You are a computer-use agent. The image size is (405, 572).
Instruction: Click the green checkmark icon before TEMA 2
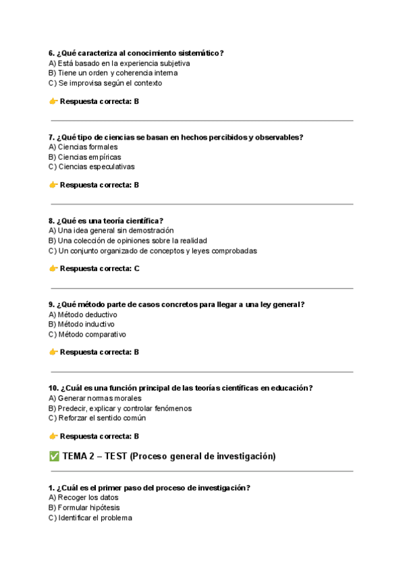tap(55, 456)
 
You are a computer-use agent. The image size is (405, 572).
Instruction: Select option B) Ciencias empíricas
tap(84, 157)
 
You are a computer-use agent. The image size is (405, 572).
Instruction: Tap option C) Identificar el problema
tap(90, 518)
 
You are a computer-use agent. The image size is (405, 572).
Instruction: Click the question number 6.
tap(51, 53)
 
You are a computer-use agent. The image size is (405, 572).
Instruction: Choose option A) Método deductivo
tap(82, 314)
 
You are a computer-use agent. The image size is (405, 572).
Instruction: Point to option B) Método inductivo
tap(82, 324)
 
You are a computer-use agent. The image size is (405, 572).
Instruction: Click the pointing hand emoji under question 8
tap(53, 268)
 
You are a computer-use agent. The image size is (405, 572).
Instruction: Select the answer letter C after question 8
tap(136, 268)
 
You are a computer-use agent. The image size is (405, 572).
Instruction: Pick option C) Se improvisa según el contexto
tap(105, 83)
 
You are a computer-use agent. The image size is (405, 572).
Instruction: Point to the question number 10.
tap(53, 388)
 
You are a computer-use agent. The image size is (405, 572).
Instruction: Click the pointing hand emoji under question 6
tap(53, 101)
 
